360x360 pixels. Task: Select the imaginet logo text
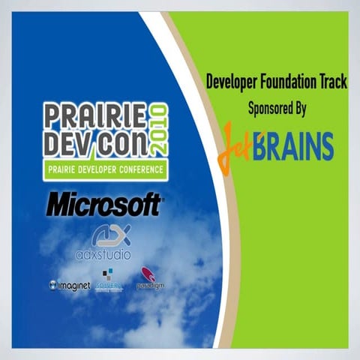click(74, 286)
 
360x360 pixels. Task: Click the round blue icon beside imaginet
click(53, 285)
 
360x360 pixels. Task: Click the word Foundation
click(286, 83)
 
